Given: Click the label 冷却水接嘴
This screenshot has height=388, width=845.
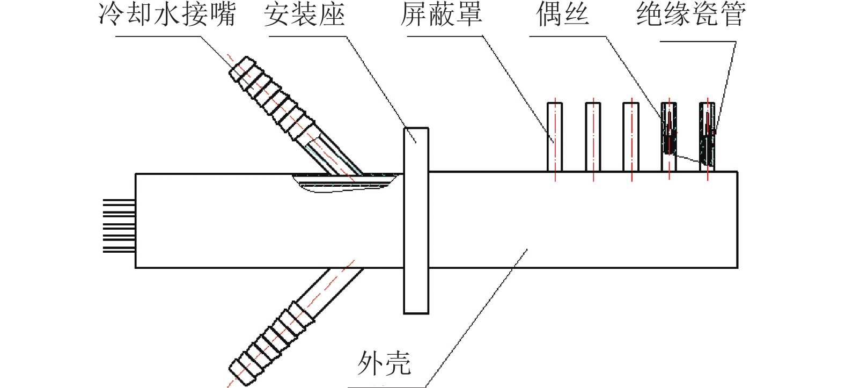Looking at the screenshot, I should pos(167,14).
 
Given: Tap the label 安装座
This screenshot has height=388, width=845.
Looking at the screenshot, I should pos(304,14).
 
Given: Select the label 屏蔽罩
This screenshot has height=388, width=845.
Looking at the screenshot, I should pos(441,14).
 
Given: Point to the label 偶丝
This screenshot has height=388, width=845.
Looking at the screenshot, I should pos(563,14).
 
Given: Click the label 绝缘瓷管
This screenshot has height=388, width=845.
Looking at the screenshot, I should pos(691,14).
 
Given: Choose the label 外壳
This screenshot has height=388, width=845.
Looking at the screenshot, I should pos(384,363).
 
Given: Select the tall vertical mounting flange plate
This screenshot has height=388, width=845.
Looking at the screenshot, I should pos(416,220).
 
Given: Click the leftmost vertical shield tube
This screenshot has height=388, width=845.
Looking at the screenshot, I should pos(555,137).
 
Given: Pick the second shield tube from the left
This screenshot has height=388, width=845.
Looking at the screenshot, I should pos(593,137).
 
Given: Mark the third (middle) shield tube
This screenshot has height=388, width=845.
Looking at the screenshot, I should pos(631,137).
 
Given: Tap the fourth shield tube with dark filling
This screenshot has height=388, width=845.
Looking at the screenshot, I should pos(669,137).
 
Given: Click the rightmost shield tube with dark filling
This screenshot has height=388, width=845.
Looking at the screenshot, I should pos(708,137).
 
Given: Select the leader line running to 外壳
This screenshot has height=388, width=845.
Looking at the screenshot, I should pos(477,317).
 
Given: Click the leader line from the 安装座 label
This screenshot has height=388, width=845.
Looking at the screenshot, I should pos(376,80).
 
